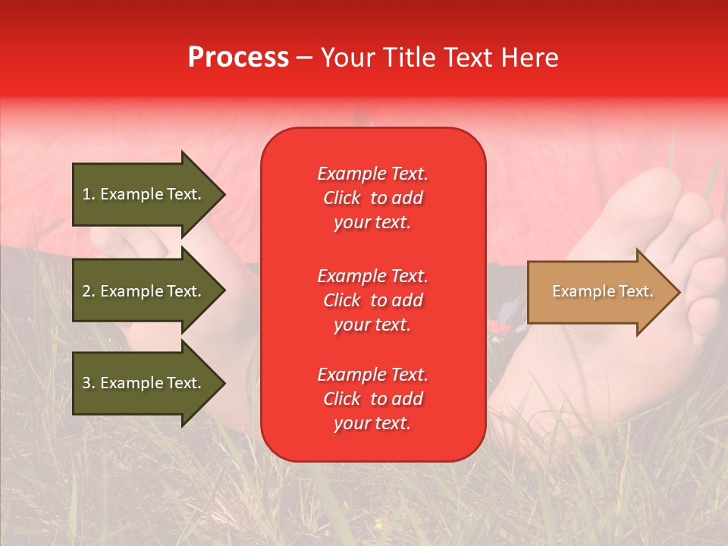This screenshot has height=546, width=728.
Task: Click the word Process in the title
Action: pyautogui.click(x=238, y=58)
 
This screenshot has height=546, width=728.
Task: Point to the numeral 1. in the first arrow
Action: pyautogui.click(x=88, y=194)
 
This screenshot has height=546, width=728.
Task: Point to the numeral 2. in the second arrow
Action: pyautogui.click(x=88, y=291)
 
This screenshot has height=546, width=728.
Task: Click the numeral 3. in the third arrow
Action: pyautogui.click(x=88, y=383)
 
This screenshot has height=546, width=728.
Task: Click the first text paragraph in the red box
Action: pyautogui.click(x=372, y=198)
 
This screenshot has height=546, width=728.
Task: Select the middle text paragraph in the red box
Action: pyautogui.click(x=372, y=300)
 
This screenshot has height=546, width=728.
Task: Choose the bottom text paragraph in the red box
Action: pyautogui.click(x=372, y=399)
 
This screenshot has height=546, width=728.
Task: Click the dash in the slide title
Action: pyautogui.click(x=304, y=58)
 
